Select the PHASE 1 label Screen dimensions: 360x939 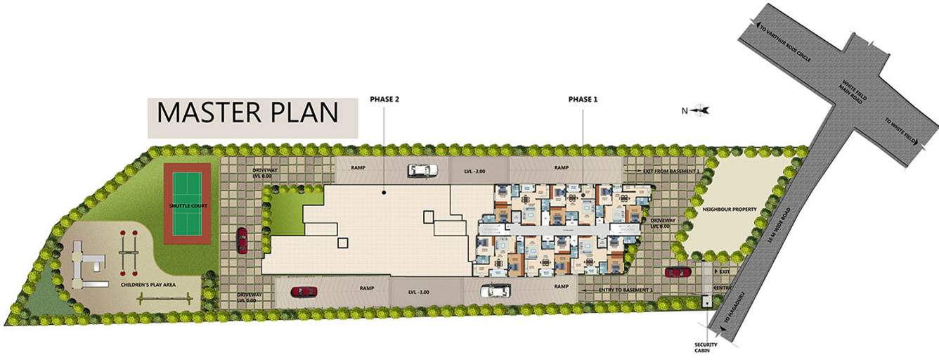tap(583, 100)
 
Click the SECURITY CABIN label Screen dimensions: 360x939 tap(705, 348)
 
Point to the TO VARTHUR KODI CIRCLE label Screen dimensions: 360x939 tap(786, 42)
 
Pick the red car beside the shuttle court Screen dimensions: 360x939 tap(242, 240)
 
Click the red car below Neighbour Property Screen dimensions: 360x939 tap(678, 271)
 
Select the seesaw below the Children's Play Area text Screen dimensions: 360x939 tap(164, 300)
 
